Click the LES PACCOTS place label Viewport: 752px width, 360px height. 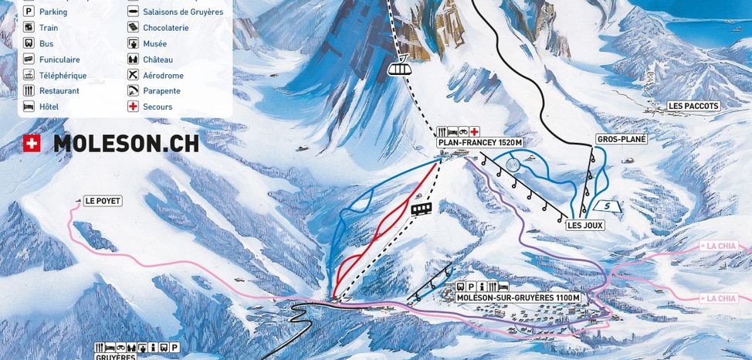point(693,106)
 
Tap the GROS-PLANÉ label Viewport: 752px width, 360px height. point(620,140)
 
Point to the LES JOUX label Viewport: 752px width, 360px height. point(584,226)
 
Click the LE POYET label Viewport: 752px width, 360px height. point(103,201)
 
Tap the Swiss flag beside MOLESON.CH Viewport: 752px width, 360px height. point(32,143)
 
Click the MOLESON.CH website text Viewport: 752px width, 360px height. point(126,144)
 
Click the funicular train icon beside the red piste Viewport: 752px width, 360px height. point(421,209)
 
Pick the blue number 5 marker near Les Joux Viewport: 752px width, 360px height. point(608,206)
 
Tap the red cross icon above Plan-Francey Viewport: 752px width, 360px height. point(475,132)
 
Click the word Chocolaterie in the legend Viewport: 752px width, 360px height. point(165,28)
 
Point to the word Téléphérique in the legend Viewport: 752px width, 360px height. point(63,76)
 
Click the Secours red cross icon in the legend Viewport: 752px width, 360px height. point(133,107)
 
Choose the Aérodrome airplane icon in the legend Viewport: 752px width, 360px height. point(133,76)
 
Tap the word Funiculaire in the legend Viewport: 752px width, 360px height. point(59,59)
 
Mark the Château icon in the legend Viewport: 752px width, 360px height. point(133,59)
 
